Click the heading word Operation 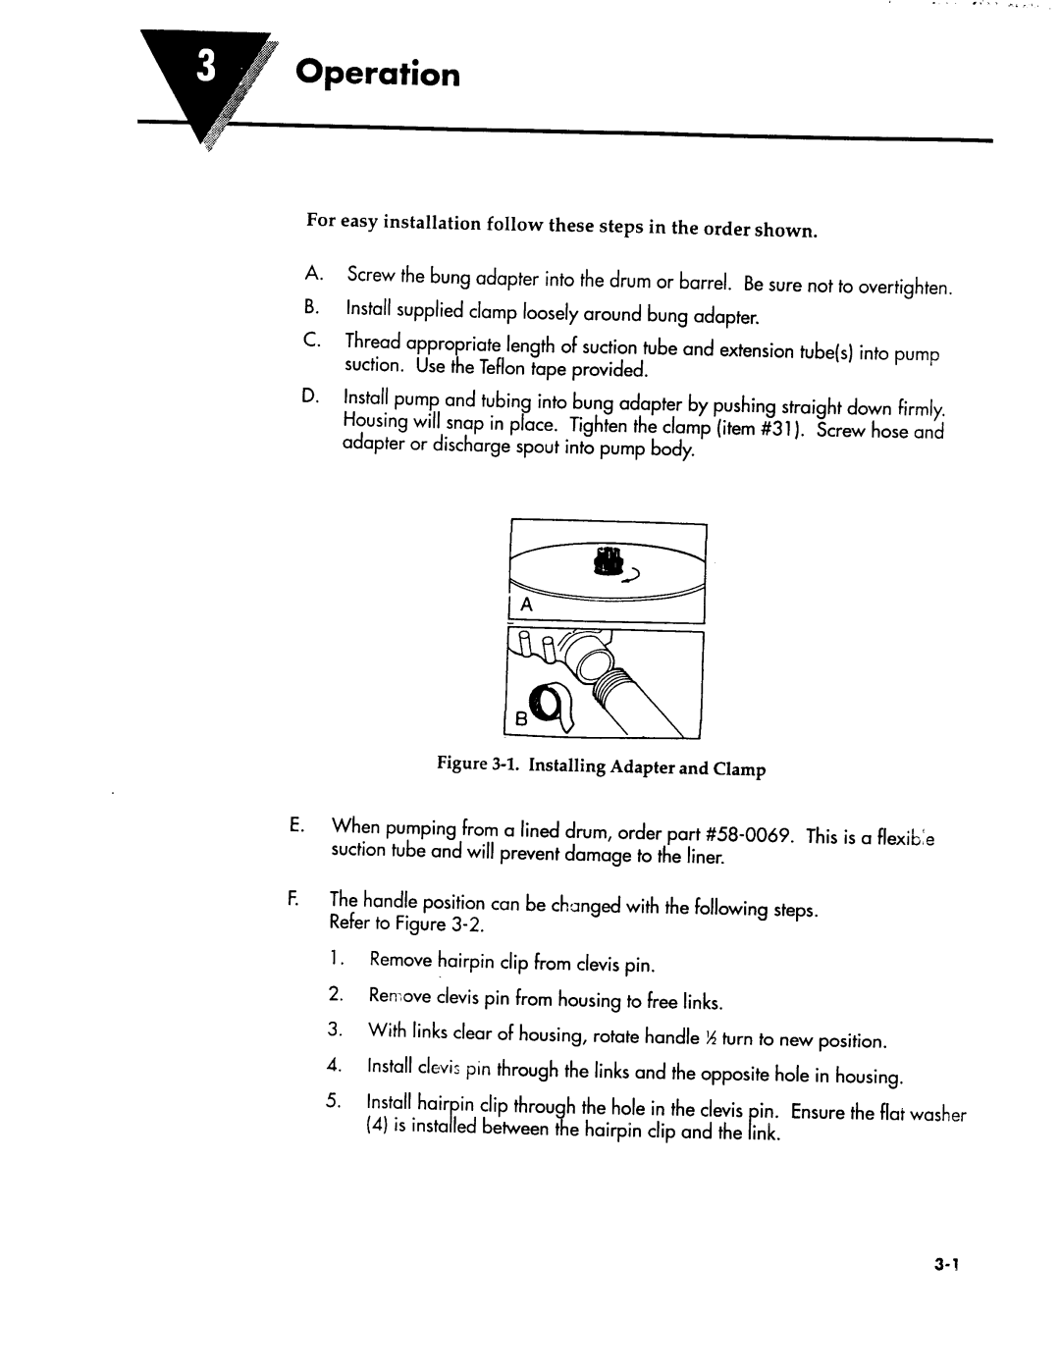click(x=378, y=76)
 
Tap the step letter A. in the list click(x=312, y=271)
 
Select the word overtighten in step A click(x=905, y=288)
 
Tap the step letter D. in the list click(x=311, y=395)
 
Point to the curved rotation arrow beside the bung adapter click(x=634, y=572)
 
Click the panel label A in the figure click(x=525, y=606)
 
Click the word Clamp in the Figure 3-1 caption click(x=740, y=770)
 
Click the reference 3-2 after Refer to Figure click(x=468, y=924)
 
